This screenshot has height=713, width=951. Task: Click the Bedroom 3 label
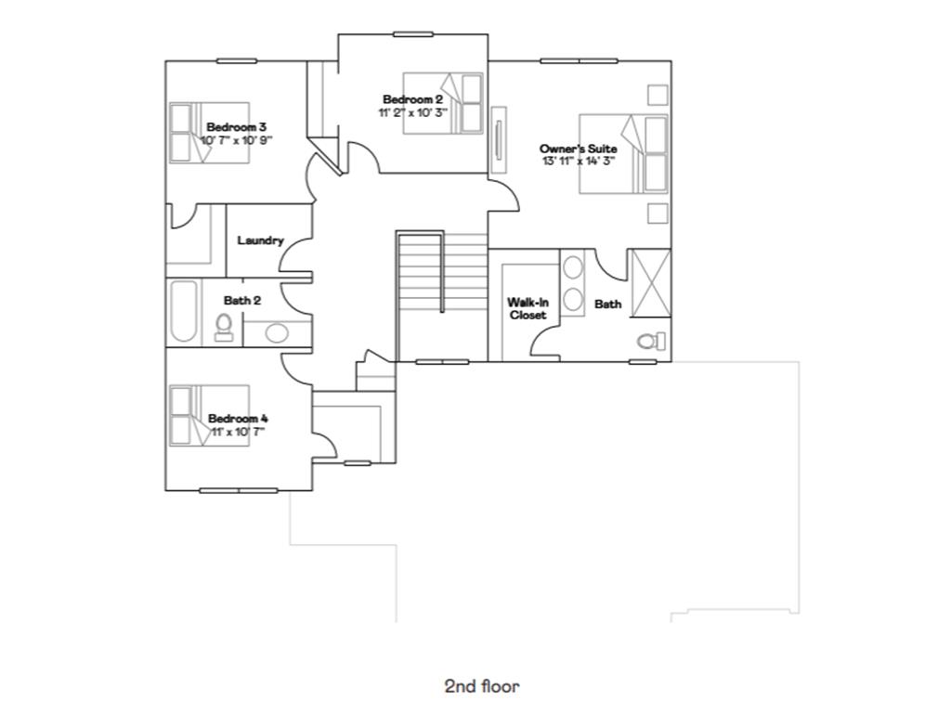point(237,127)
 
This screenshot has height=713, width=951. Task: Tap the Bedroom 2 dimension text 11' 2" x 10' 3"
point(412,112)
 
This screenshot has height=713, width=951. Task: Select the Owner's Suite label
point(578,149)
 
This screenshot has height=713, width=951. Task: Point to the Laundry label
point(260,240)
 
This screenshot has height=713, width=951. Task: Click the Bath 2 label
point(242,301)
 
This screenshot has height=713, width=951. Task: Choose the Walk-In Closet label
point(527,309)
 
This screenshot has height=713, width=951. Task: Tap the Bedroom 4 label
point(238,419)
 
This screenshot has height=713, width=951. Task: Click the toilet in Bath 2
point(224,327)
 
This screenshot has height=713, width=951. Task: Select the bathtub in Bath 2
point(183,312)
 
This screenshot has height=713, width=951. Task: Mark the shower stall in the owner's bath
point(649,283)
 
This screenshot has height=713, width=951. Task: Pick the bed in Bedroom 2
point(443,103)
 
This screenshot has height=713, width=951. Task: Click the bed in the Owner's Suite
point(623,154)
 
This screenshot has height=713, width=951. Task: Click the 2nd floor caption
point(482,687)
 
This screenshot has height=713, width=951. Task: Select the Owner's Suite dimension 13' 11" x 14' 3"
point(579,161)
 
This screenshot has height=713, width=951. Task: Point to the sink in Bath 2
point(276,332)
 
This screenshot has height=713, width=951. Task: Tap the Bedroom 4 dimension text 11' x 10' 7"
point(237,431)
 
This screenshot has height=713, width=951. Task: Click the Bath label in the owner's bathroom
point(607,304)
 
